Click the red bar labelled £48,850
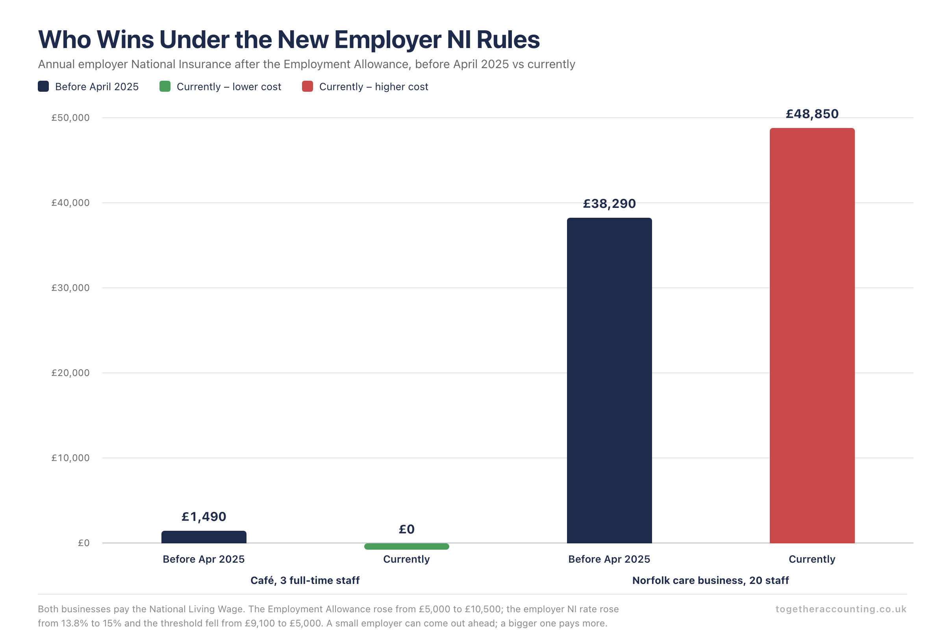[812, 335]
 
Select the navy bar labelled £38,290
[609, 380]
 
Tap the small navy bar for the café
[204, 537]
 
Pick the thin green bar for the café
[407, 547]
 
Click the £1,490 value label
[204, 517]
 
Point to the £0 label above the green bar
[407, 529]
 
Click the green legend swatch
[165, 86]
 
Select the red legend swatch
[308, 86]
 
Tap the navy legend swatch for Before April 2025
[43, 86]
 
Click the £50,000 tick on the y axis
[70, 118]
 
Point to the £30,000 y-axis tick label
[70, 288]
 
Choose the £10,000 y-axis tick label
[70, 458]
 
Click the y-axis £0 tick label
[83, 543]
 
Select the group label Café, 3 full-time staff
[305, 580]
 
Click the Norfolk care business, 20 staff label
[710, 580]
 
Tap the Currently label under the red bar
[812, 559]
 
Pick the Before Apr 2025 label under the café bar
[204, 559]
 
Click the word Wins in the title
[125, 39]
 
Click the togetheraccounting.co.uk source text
[841, 609]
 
